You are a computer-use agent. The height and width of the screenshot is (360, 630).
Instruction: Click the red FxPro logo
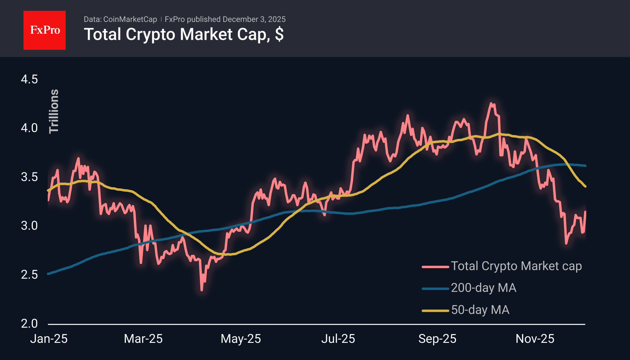point(45,30)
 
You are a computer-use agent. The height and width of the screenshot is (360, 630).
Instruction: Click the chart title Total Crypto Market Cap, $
point(184,34)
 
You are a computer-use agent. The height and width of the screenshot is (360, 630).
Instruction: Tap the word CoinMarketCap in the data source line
point(130,19)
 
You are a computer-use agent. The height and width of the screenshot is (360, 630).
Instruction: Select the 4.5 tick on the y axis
point(29,79)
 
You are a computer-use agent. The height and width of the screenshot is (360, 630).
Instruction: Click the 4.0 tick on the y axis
point(29,128)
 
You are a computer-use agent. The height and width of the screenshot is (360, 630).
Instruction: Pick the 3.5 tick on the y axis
point(29,177)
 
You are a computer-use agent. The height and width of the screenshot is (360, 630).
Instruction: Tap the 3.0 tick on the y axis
point(29,226)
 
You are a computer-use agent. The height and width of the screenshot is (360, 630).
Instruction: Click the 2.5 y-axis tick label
point(29,275)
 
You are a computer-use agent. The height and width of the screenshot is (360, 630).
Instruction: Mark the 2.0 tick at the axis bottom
point(29,324)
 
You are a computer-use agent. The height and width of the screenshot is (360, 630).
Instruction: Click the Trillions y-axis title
point(54,111)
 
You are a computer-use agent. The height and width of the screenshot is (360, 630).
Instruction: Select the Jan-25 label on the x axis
point(49,339)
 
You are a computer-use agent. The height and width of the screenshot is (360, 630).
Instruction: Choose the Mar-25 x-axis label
point(143,339)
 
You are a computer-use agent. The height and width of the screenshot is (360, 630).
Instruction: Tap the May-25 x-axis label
point(241,339)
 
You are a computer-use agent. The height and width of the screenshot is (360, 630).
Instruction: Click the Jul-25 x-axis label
point(338,339)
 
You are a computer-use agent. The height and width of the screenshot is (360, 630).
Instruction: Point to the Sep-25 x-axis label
point(437,339)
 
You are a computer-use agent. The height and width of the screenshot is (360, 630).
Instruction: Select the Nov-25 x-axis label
point(535,339)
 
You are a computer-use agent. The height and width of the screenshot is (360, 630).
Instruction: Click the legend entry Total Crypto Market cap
point(516,266)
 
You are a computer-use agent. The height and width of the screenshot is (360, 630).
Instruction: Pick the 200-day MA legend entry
point(483,288)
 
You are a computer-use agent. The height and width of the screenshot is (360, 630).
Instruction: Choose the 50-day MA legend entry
point(480,310)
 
